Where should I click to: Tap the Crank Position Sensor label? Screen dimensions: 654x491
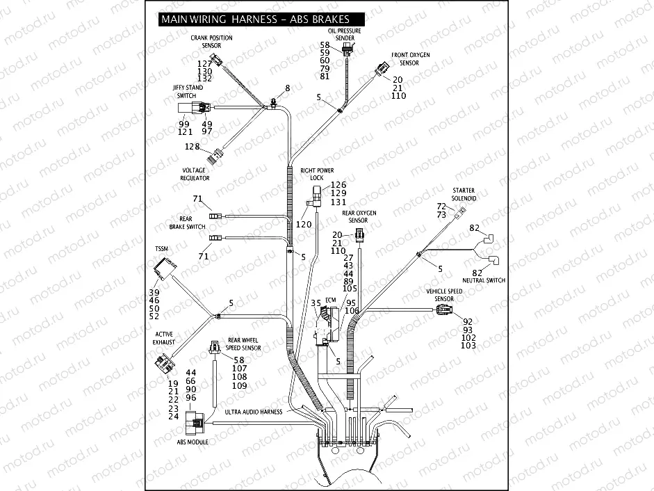tap(211, 42)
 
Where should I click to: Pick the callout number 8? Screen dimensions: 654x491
tap(287, 88)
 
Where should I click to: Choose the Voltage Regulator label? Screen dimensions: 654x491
tap(195, 174)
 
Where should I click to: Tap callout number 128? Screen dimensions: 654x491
tap(192, 147)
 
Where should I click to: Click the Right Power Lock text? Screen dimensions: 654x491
tap(317, 174)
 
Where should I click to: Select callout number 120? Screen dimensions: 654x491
tap(304, 225)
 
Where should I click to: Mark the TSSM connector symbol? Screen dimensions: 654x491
tap(163, 268)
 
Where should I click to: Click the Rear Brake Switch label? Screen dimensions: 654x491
tap(187, 223)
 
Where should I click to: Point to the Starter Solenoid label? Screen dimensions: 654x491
tap(464, 194)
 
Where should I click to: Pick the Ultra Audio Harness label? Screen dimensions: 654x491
tap(254, 412)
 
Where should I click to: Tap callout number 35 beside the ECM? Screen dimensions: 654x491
tap(316, 303)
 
